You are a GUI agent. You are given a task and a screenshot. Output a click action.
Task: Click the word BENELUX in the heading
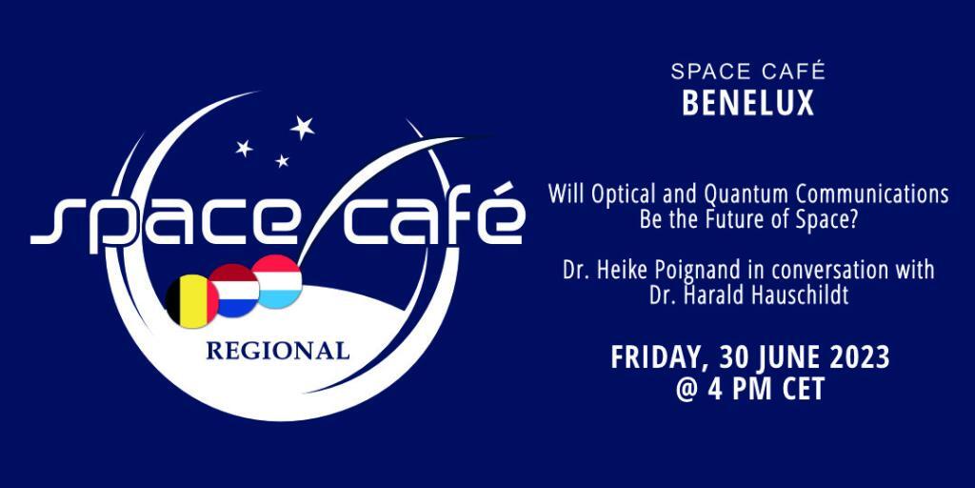click(x=748, y=103)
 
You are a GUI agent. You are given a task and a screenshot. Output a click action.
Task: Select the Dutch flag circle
click(x=233, y=291)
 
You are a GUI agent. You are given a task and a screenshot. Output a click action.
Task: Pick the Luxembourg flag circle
click(x=277, y=281)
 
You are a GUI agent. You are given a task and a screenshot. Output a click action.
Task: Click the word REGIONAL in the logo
click(x=277, y=351)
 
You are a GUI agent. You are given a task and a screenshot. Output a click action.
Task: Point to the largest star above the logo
click(x=302, y=127)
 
